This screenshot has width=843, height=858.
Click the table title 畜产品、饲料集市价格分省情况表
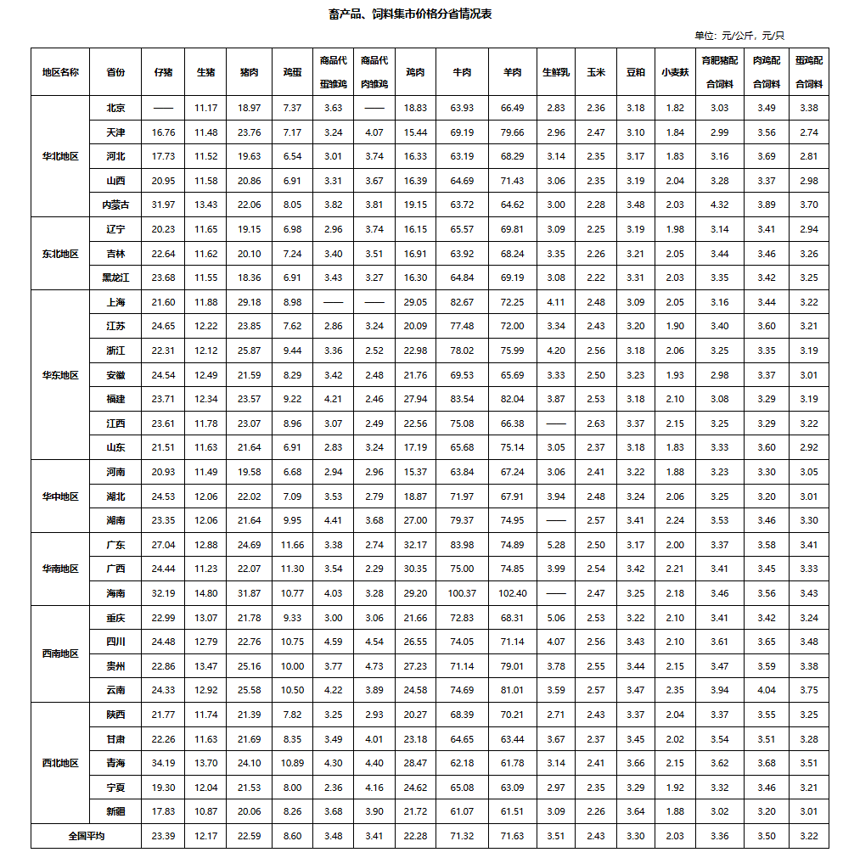pos(421,14)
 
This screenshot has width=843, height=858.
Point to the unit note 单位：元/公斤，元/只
pos(739,36)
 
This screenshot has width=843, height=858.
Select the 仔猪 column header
pos(163,72)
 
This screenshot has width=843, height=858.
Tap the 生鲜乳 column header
pos(556,72)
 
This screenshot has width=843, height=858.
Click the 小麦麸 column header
pos(675,72)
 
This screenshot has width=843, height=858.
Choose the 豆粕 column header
pos(635,72)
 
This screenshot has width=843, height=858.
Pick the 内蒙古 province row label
pos(115,205)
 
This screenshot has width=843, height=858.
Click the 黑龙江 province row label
pos(115,278)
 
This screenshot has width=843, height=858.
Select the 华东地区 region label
pos(60,375)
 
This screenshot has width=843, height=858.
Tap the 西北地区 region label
pos(60,763)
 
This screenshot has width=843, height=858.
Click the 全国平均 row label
pos(86,836)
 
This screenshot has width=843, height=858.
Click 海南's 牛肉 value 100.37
pos(463,593)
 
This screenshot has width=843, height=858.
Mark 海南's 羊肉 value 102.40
pos(513,593)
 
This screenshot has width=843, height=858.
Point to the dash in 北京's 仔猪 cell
pos(163,109)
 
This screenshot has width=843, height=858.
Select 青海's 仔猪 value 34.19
pos(163,763)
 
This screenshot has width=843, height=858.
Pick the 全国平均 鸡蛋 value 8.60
pos(292,836)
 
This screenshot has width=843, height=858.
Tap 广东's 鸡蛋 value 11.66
pos(292,545)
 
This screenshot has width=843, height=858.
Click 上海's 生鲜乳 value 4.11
pos(556,302)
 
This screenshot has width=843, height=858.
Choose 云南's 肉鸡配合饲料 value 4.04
pos(766,690)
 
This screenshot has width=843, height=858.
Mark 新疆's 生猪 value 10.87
pos(206,811)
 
